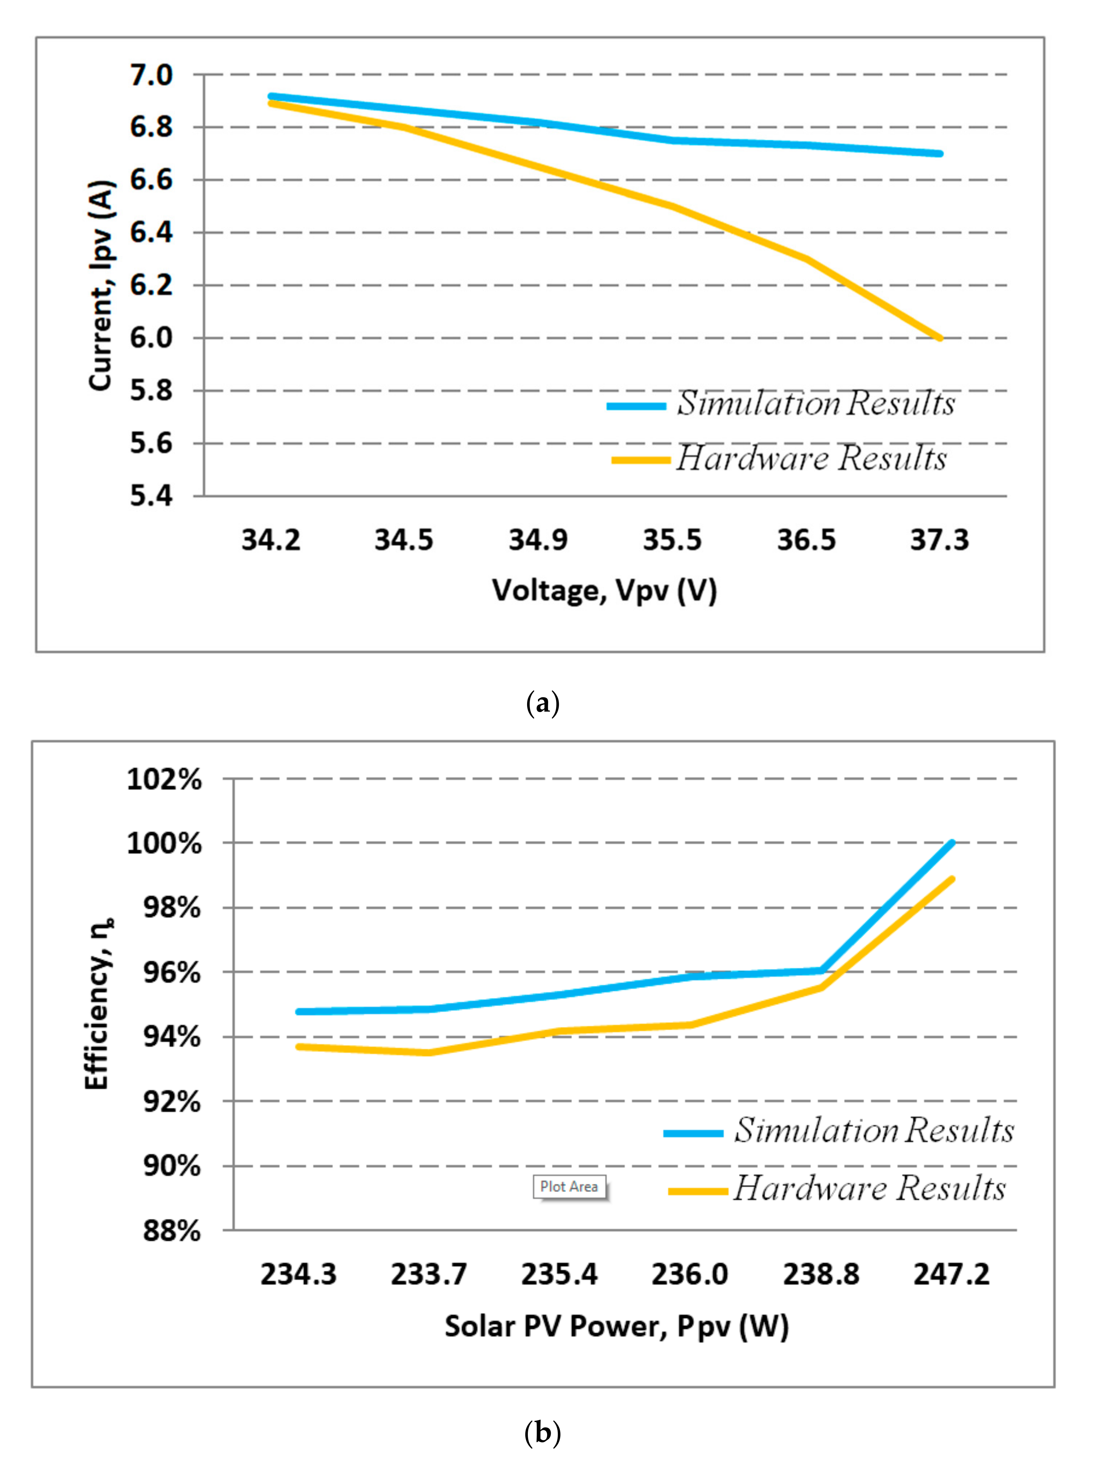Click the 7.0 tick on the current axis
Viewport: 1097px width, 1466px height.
(x=151, y=75)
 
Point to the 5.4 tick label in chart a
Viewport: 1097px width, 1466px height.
(x=151, y=496)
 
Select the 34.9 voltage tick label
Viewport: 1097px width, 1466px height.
(x=538, y=540)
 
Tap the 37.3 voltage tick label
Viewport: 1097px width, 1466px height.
(x=939, y=540)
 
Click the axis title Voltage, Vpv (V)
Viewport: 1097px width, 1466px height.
(x=604, y=590)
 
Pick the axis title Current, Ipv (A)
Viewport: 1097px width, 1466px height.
(x=101, y=285)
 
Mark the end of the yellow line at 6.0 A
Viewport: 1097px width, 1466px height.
(x=939, y=338)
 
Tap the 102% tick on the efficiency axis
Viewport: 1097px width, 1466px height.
(x=164, y=779)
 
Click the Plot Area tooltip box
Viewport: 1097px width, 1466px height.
(x=569, y=1186)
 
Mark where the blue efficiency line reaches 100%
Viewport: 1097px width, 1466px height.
(x=952, y=843)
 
